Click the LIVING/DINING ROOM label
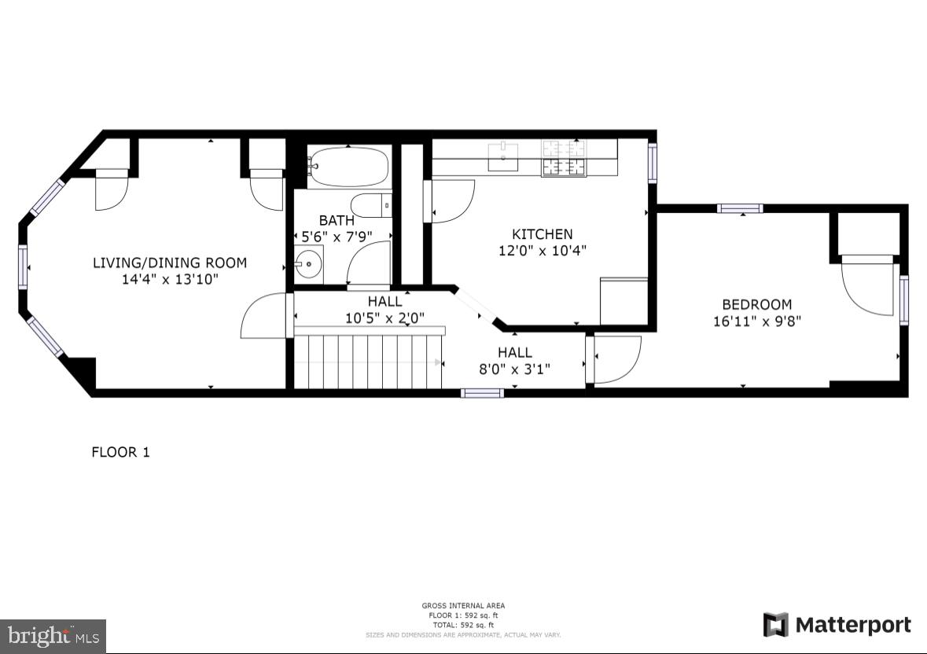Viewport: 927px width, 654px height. (170, 263)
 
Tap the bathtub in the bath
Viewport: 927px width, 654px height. (348, 166)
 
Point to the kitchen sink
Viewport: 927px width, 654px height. (503, 156)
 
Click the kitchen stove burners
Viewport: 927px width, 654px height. (563, 157)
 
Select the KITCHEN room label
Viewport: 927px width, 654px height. (543, 234)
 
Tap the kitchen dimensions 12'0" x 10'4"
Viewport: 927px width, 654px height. (543, 251)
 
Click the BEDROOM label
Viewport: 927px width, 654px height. (757, 304)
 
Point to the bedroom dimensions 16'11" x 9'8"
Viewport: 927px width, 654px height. (757, 321)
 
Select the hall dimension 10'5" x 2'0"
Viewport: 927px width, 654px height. (385, 318)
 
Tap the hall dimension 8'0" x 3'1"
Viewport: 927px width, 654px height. (515, 369)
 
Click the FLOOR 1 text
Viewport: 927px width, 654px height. (120, 452)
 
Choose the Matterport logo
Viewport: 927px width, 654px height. (837, 625)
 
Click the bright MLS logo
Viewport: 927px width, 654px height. (53, 635)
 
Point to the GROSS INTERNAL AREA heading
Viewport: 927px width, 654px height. (463, 605)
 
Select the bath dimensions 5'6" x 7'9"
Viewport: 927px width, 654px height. (337, 236)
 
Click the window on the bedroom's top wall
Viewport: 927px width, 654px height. (740, 208)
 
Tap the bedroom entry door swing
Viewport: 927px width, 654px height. (618, 358)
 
